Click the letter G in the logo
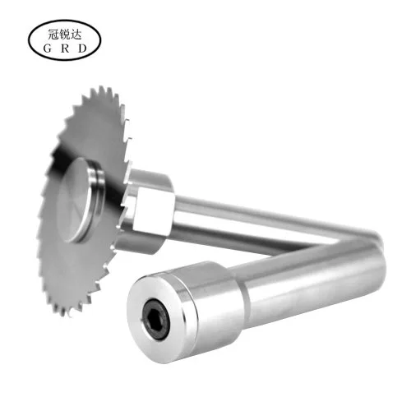pyautogui.click(x=47, y=48)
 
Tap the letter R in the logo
pyautogui.click(x=65, y=48)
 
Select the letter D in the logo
pyautogui.click(x=82, y=48)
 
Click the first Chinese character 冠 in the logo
pyautogui.click(x=53, y=35)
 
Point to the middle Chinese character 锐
pyautogui.click(x=65, y=35)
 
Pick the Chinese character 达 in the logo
pyautogui.click(x=76, y=35)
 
